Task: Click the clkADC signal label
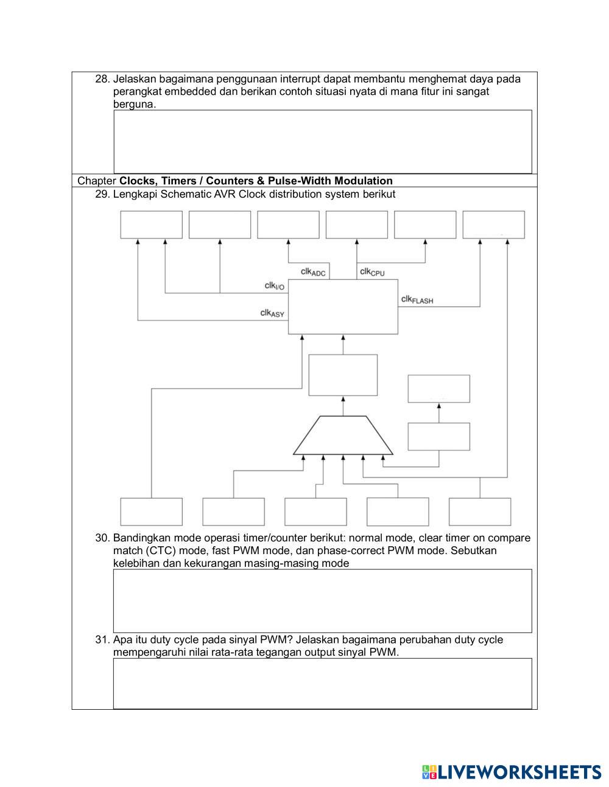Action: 313,272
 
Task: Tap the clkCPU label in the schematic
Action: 372,272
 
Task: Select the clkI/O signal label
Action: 274,285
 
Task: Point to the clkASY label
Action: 272,313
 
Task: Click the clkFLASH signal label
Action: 417,299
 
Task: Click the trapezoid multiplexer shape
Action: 343,436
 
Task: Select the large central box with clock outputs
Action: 343,307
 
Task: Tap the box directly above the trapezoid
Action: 343,375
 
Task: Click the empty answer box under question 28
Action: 323,141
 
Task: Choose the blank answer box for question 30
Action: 323,601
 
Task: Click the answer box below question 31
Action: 323,683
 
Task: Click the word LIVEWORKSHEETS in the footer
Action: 519,772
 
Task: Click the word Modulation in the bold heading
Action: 363,181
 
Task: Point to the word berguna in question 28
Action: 134,104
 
